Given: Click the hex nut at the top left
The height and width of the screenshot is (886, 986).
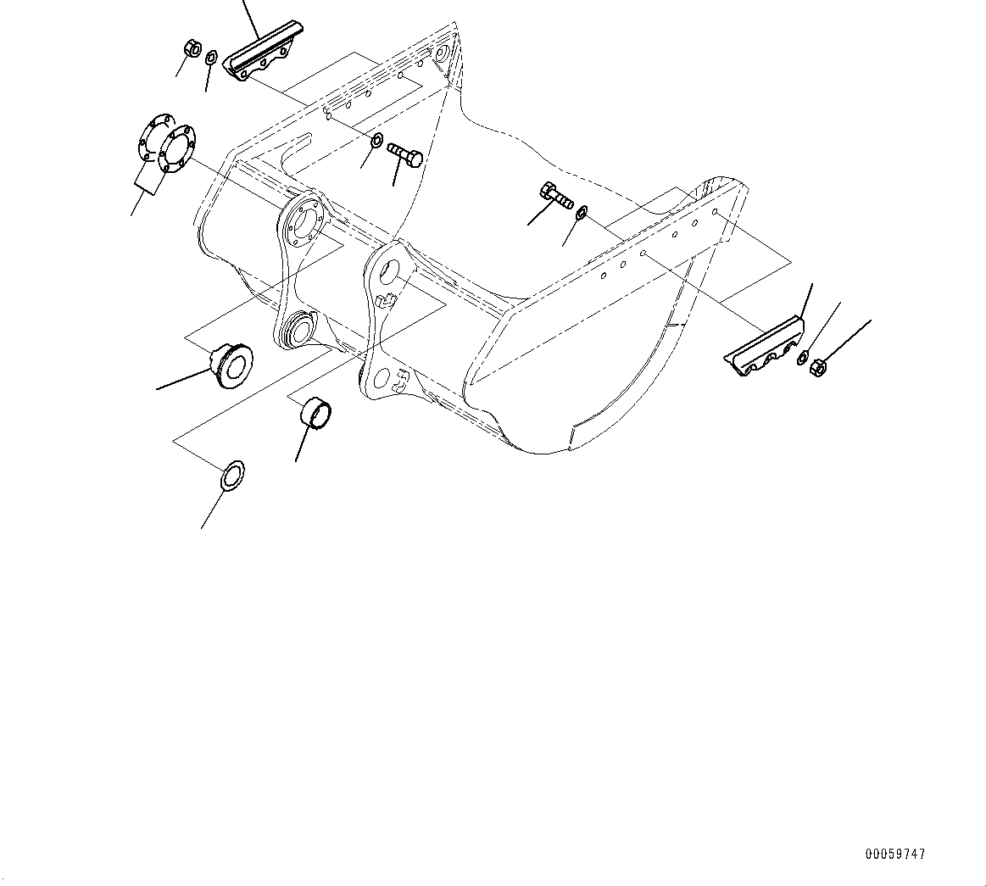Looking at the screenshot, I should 192,48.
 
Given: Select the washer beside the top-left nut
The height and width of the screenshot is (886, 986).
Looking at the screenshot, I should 211,58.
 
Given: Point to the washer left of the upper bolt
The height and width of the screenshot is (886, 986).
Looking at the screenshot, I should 376,139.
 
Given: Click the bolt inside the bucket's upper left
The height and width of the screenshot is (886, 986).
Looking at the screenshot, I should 405,154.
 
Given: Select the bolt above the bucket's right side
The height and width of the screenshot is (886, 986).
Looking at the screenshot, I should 554,197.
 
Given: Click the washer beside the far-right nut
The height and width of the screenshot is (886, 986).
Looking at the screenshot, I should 803,358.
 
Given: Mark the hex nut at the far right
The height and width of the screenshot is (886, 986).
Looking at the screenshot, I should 818,367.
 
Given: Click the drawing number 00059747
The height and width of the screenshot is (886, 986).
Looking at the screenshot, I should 895,855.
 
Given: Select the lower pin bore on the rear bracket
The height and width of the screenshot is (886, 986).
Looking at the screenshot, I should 297,328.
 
